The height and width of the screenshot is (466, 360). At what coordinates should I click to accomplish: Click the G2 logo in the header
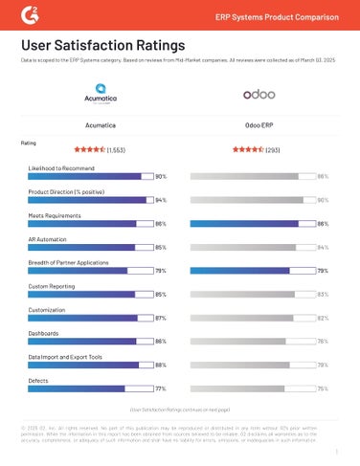pyautogui.click(x=31, y=14)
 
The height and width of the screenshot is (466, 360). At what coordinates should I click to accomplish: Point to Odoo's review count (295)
pyautogui.click(x=273, y=149)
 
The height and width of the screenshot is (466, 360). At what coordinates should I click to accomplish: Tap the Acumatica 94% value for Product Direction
pyautogui.click(x=161, y=200)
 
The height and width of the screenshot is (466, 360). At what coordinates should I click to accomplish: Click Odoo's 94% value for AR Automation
pyautogui.click(x=323, y=247)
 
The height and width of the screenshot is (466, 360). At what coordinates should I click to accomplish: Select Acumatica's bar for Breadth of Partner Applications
pyautogui.click(x=90, y=270)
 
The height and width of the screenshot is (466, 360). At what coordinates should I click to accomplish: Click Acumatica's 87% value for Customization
pyautogui.click(x=161, y=317)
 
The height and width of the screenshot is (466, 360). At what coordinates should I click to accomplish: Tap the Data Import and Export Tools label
pyautogui.click(x=66, y=356)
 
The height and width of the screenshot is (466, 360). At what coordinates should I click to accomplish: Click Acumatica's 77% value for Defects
pyautogui.click(x=161, y=388)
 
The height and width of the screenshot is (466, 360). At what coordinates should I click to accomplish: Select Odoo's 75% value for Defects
pyautogui.click(x=323, y=388)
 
